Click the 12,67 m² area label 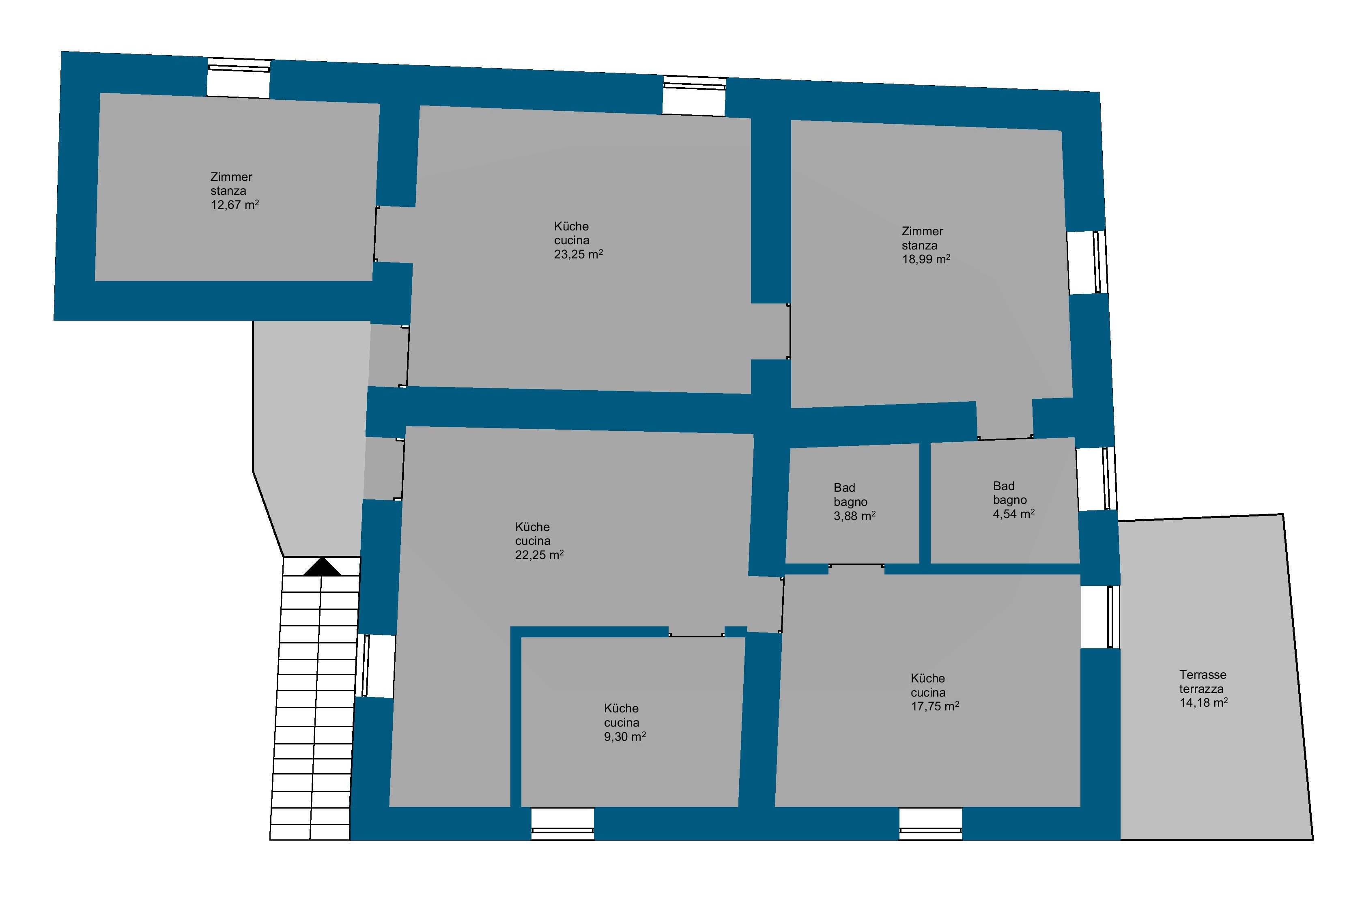[235, 204]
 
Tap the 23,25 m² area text [578, 254]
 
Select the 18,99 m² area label [926, 259]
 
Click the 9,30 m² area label [625, 736]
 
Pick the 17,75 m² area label [935, 706]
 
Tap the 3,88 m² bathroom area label [854, 516]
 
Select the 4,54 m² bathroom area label [1014, 514]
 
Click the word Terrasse [1203, 675]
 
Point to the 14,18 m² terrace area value [1203, 703]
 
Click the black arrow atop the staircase [322, 566]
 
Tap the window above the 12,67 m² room [239, 77]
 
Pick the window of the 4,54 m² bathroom [1096, 479]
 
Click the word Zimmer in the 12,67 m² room [232, 177]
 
